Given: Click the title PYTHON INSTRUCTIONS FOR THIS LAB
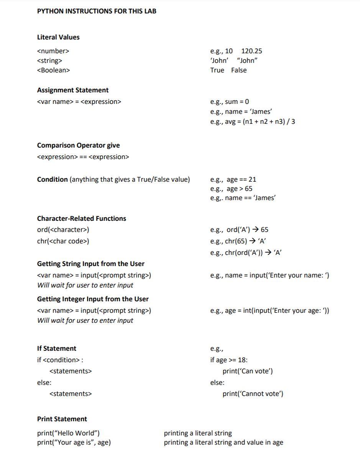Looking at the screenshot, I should [97, 11].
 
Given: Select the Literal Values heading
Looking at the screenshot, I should [58, 37].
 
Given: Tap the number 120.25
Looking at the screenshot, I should [252, 51].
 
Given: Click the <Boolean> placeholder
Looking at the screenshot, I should [53, 70].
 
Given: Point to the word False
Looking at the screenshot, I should [239, 70].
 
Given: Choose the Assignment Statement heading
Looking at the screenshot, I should [73, 90].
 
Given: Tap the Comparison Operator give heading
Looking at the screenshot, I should [78, 145].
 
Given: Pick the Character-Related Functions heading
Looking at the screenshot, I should [81, 218].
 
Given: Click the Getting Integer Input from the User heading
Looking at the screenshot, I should [93, 299].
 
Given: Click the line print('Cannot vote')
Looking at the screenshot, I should [253, 394].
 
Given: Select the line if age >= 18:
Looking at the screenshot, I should [229, 360].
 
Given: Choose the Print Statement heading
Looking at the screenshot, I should [62, 419].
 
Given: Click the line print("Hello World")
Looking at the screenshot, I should [68, 433].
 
